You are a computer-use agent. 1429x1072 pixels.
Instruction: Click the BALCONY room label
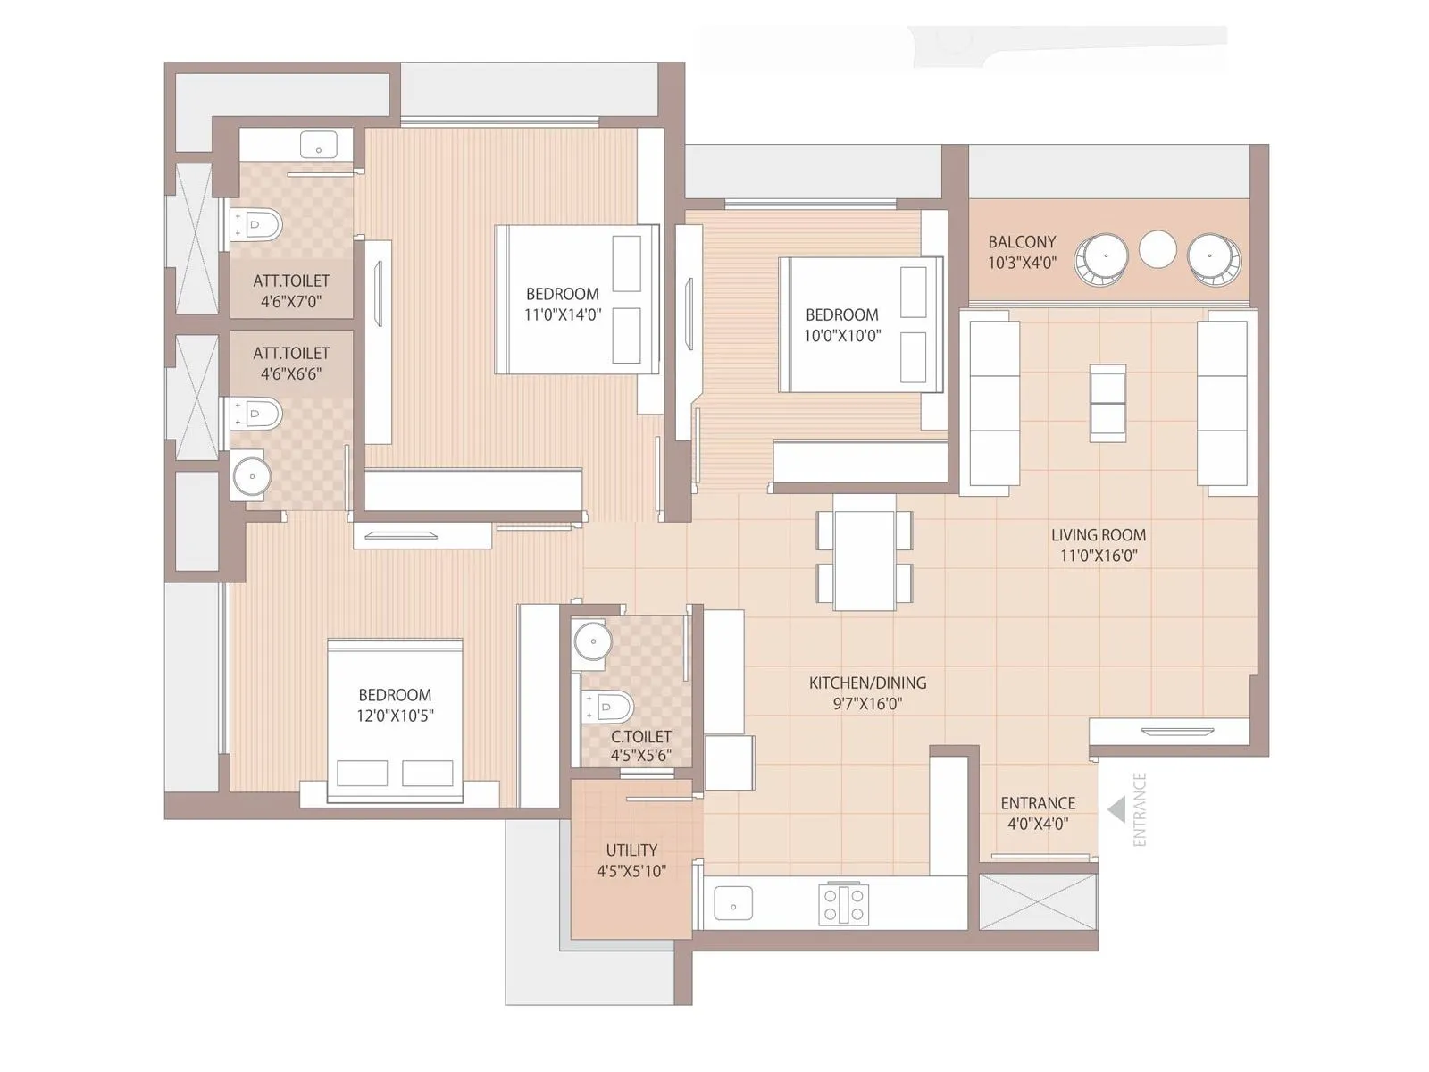click(1022, 242)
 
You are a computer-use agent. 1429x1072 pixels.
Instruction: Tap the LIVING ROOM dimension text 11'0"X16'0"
click(1099, 556)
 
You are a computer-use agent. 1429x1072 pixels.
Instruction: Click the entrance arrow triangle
click(1116, 810)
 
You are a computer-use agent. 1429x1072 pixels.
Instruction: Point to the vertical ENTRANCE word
click(1139, 809)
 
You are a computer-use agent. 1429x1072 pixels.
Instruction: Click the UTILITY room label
click(631, 850)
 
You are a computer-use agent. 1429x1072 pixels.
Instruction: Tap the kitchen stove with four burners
click(844, 903)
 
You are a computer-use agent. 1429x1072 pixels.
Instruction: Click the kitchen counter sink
click(733, 904)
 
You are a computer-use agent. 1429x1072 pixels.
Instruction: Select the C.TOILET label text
click(641, 737)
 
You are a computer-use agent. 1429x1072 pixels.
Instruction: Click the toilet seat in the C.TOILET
click(610, 707)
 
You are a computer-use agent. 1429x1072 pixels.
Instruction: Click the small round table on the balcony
click(1158, 249)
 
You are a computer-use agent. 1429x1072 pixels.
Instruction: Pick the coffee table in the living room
click(1107, 402)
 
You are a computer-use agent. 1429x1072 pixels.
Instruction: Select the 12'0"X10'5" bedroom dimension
click(395, 716)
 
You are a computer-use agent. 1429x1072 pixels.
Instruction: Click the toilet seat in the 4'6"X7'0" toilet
click(259, 223)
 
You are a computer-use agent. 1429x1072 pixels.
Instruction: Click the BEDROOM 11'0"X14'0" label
click(563, 294)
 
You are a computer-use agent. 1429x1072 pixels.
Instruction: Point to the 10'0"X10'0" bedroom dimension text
click(842, 336)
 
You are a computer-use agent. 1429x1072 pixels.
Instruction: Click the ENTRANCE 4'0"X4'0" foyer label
click(1038, 803)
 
